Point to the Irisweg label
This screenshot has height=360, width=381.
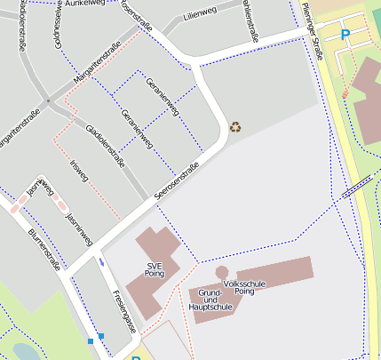[79, 171]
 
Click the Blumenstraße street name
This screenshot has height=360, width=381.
[44, 247]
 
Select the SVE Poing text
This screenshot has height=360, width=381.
[155, 270]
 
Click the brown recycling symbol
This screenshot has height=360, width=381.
[235, 126]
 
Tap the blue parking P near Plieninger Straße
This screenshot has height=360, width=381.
[345, 35]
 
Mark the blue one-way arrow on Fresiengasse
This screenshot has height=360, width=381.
[102, 260]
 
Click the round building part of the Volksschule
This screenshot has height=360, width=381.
[222, 272]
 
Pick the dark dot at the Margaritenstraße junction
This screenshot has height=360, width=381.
[50, 103]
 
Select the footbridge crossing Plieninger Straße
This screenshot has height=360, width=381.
[357, 185]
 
